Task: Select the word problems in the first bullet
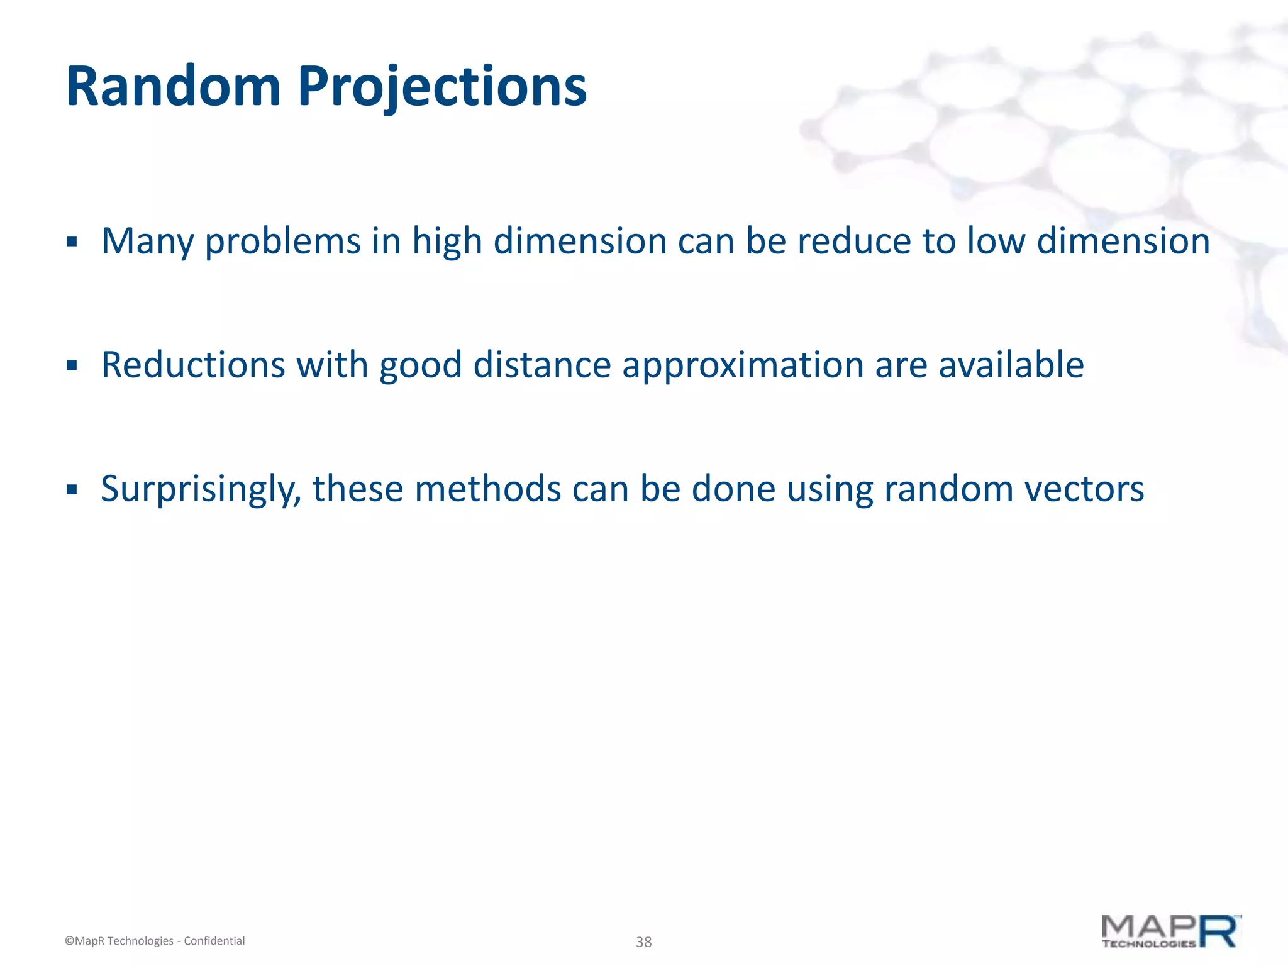[x=283, y=241]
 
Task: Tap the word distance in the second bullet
[x=542, y=365]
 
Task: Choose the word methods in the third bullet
[x=487, y=489]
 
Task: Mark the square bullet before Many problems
[x=72, y=242]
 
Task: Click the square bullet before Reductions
[x=72, y=365]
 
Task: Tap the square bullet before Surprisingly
[x=72, y=489]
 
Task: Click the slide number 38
[x=643, y=941]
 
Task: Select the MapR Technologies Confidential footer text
[x=155, y=941]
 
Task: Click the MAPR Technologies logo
[x=1170, y=932]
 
